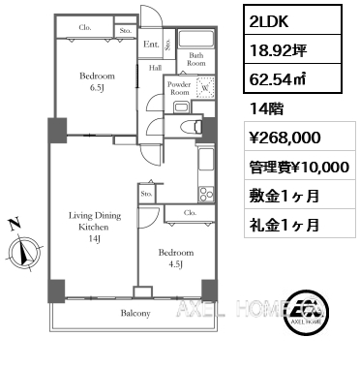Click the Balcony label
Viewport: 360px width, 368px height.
click(x=135, y=314)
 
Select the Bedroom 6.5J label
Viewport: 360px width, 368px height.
click(x=97, y=82)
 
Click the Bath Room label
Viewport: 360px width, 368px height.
click(x=196, y=59)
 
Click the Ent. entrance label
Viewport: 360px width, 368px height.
click(x=151, y=45)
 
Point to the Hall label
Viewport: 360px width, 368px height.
click(x=154, y=68)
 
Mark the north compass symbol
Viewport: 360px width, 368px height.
click(x=21, y=244)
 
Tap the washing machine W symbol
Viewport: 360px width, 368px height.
click(x=203, y=90)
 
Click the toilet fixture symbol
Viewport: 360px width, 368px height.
click(x=190, y=127)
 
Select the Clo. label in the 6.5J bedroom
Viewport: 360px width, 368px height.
click(x=85, y=29)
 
